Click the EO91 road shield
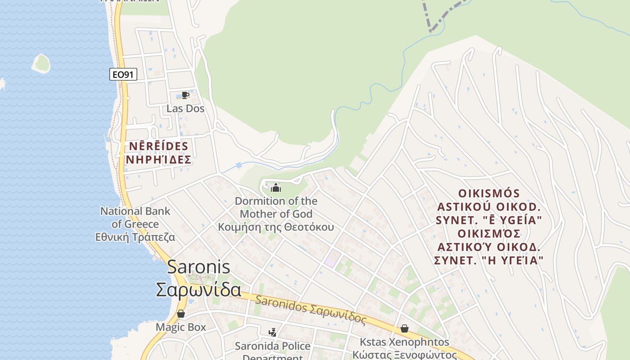pos(123,74)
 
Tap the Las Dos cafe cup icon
pos(185,95)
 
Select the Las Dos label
pos(185,108)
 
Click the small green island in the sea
pos(41,63)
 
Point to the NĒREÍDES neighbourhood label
pos(158,146)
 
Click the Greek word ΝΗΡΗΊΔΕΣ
pos(158,160)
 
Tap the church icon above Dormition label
pos(275,188)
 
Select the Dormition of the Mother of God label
pos(276,207)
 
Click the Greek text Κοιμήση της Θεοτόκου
pos(276,227)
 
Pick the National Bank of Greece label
pos(135,217)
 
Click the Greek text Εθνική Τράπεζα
pos(135,237)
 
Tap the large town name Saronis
pos(198,267)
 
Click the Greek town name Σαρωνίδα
pos(198,290)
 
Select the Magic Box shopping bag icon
pos(181,314)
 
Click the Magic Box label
pos(181,327)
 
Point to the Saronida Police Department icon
pos(272,333)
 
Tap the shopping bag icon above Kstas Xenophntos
pos(405,328)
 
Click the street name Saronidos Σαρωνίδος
pos(310,309)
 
